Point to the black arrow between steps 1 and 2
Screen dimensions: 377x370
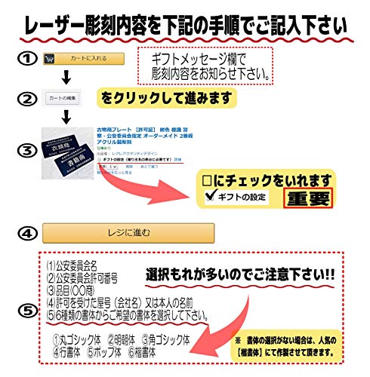pyautogui.click(x=66, y=78)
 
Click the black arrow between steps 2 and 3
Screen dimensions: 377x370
pyautogui.click(x=66, y=116)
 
